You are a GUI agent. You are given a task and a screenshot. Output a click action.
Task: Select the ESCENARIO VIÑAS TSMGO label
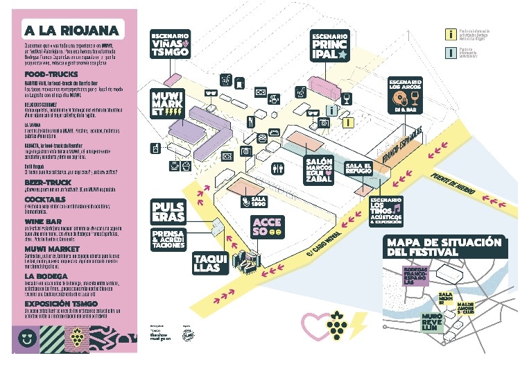coord(171,44)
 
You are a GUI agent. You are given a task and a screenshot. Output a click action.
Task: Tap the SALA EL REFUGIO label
coord(359,168)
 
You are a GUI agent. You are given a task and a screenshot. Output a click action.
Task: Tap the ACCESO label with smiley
coord(267,225)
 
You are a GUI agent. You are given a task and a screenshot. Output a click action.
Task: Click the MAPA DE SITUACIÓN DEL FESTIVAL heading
coord(444,247)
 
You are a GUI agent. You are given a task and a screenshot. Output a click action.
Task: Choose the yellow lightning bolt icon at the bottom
coord(360,323)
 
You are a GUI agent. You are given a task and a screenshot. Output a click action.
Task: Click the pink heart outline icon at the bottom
coord(313,323)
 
